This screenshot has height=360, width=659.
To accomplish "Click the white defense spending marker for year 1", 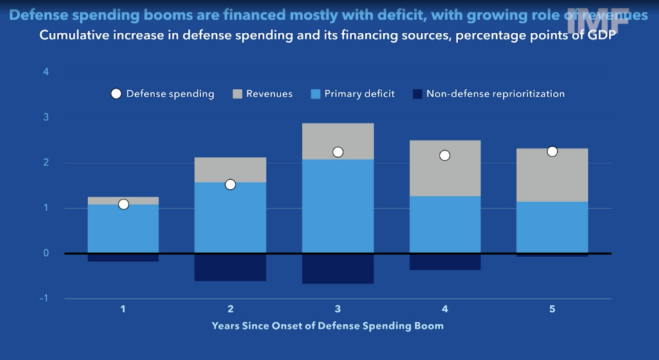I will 124,204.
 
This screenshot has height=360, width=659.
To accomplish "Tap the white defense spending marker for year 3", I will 338,152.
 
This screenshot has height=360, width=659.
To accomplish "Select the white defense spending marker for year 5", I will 552,151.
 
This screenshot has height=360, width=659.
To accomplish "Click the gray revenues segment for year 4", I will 445,168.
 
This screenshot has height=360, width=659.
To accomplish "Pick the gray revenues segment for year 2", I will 230,170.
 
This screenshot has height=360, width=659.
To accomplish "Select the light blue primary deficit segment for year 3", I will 338,206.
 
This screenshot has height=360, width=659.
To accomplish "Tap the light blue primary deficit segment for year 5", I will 552,227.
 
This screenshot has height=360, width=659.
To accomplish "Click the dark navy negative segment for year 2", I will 230,267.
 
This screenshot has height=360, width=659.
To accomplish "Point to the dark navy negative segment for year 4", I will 445,261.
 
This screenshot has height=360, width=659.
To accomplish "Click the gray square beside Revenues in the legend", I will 236,94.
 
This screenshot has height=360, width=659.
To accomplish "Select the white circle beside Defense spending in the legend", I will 116,94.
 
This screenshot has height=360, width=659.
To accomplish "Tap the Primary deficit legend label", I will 359,94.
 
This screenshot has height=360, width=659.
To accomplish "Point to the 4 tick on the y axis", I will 45,71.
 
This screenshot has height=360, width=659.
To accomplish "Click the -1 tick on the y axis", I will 44,299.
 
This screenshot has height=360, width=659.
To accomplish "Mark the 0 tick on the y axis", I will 45,253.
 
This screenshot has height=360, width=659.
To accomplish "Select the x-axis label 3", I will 338,309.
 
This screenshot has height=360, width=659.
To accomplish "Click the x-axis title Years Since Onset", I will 328,326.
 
